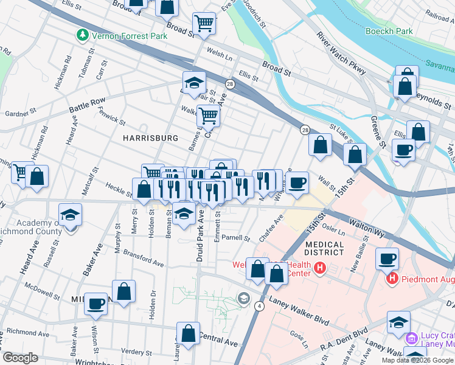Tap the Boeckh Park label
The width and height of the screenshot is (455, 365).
389,31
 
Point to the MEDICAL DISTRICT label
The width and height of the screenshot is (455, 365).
338,249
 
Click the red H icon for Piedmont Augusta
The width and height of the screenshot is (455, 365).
392,279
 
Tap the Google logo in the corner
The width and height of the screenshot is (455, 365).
19,358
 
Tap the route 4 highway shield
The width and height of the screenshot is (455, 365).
260,305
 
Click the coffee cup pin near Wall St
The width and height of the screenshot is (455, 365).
297,183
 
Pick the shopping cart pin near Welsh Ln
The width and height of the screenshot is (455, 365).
204,24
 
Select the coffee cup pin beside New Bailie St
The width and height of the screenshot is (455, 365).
387,259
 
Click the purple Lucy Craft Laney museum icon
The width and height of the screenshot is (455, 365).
412,337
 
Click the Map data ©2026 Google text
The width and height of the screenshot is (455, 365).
417,360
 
